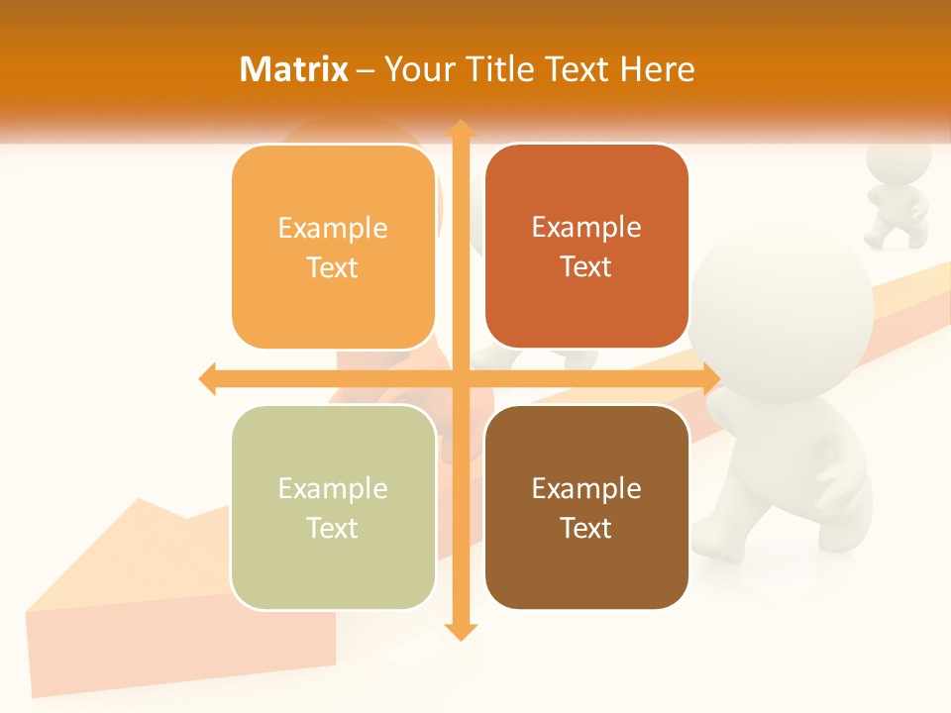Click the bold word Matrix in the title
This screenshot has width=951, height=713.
[294, 69]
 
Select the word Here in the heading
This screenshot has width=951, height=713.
[658, 69]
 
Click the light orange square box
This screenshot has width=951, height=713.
[333, 247]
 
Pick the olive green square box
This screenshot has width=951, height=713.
[333, 507]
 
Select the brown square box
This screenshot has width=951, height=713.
[586, 507]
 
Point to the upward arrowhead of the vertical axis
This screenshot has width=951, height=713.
[460, 128]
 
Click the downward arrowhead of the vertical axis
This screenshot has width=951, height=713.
[460, 631]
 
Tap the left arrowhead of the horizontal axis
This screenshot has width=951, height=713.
[208, 378]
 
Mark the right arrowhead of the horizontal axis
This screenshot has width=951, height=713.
[711, 378]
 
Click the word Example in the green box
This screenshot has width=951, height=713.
[333, 488]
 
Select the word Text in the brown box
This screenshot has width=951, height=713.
[586, 528]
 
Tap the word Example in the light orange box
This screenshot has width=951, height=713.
[333, 228]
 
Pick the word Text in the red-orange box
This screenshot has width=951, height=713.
[586, 266]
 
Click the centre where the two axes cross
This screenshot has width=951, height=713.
[460, 378]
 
